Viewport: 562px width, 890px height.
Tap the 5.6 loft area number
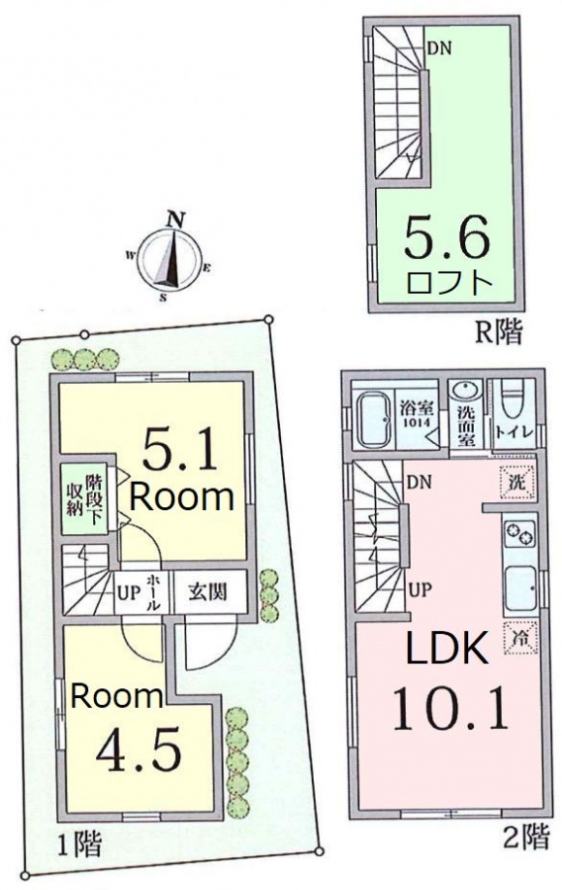[445, 236]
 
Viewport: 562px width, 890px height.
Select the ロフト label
[448, 283]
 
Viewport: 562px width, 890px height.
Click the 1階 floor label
[79, 844]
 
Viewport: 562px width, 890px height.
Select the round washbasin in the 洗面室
[464, 394]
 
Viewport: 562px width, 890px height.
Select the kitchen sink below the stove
[520, 587]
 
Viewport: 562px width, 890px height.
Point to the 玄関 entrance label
[208, 592]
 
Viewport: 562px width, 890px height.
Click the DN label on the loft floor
[438, 48]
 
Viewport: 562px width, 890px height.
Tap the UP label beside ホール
[129, 593]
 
